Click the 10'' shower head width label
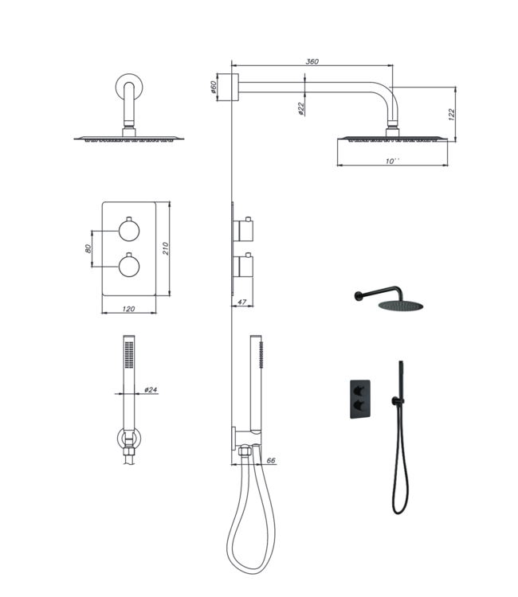393,161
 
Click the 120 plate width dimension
128,308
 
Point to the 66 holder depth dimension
270,460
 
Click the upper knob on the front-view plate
128,231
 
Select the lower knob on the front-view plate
128,266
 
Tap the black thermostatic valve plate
357,397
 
